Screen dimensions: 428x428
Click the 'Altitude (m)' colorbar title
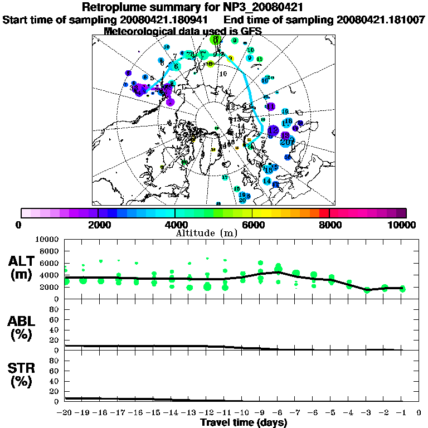[x=213, y=232]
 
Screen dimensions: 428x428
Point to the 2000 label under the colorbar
[x=98, y=225]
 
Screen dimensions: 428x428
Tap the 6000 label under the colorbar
[x=252, y=225]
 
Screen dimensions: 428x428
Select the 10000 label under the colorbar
[x=403, y=225]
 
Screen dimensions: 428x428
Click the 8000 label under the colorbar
[x=329, y=225]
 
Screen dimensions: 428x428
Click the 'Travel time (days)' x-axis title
[x=244, y=422]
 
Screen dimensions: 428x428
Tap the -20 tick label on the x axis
[x=64, y=413]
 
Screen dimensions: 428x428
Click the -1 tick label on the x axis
[x=400, y=413]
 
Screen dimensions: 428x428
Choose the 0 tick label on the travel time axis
[x=419, y=413]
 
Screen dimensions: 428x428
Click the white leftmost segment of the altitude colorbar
[x=26, y=213]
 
